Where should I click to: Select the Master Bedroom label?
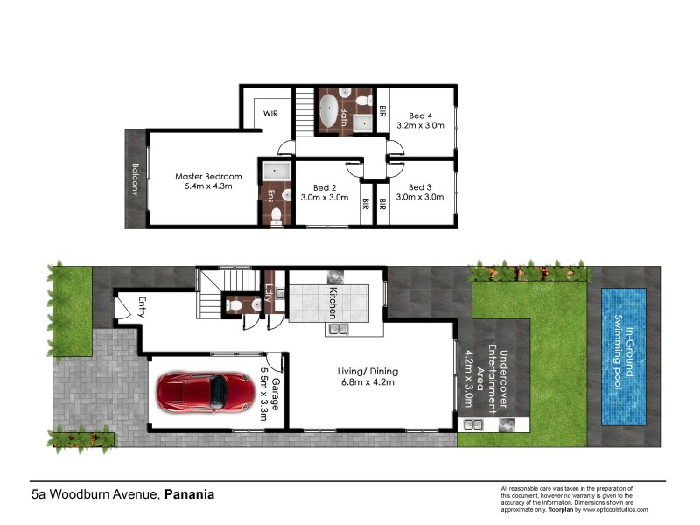pos(207,182)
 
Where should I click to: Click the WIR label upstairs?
pos(267,112)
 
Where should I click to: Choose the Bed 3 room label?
pos(420,192)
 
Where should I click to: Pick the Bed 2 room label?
pos(325,192)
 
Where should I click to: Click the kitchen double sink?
pos(337,330)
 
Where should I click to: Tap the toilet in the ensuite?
pos(276,215)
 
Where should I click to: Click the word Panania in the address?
pos(189,494)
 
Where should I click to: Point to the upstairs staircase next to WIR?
pos(304,109)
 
